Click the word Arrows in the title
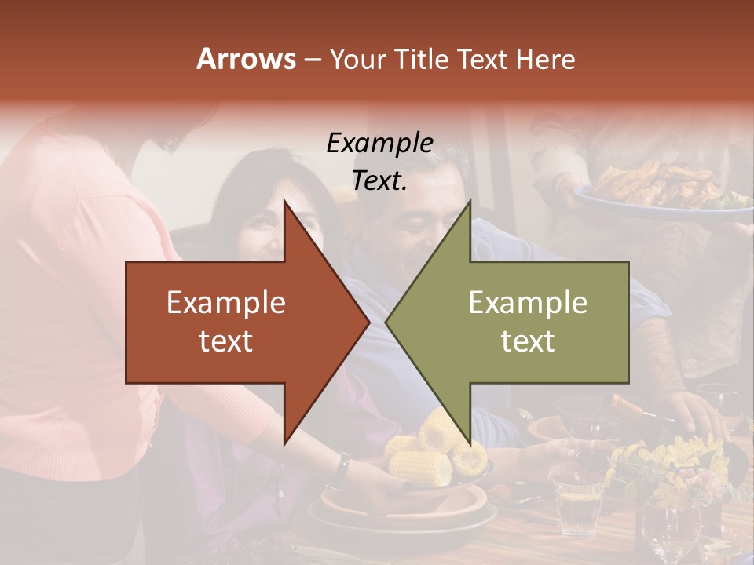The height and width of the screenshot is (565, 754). (246, 59)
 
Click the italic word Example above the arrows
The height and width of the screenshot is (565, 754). (379, 143)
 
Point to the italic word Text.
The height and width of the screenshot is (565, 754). (379, 180)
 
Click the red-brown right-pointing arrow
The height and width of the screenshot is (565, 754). (236, 322)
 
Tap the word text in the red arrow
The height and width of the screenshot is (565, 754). (225, 341)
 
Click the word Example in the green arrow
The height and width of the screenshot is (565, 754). (528, 303)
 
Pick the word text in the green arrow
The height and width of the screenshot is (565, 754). (528, 341)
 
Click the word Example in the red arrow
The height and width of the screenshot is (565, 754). (225, 303)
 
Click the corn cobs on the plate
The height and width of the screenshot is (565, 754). (428, 455)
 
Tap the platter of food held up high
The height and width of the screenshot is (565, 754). (660, 188)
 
